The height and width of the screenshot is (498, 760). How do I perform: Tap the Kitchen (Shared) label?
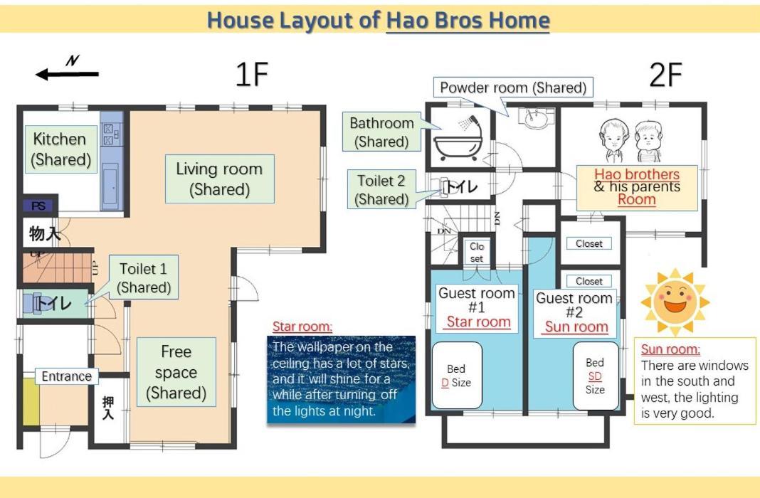click(60, 149)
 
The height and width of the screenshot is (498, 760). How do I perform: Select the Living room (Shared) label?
click(220, 179)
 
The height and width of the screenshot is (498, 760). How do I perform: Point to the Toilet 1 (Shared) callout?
click(144, 277)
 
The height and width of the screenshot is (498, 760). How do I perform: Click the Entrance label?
click(66, 376)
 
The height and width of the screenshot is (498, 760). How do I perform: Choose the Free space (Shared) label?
click(176, 372)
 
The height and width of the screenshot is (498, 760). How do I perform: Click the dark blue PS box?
click(38, 206)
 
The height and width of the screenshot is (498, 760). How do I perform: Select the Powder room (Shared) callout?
click(513, 88)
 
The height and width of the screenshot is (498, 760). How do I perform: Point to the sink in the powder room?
click(536, 117)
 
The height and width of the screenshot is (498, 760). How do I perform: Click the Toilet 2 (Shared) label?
click(381, 189)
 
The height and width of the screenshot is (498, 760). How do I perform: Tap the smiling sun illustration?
click(675, 302)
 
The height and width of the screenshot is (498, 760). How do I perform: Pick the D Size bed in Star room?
click(457, 376)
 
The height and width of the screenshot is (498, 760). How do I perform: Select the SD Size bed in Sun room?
click(595, 376)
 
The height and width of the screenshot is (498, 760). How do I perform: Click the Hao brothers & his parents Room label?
click(637, 188)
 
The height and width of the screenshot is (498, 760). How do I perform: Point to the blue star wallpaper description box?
click(342, 379)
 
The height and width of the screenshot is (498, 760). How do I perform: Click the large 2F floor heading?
click(665, 75)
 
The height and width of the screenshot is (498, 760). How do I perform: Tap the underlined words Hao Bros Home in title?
click(468, 21)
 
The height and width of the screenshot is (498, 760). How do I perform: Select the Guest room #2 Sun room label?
click(574, 312)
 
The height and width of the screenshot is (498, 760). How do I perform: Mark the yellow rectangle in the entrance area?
click(31, 401)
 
